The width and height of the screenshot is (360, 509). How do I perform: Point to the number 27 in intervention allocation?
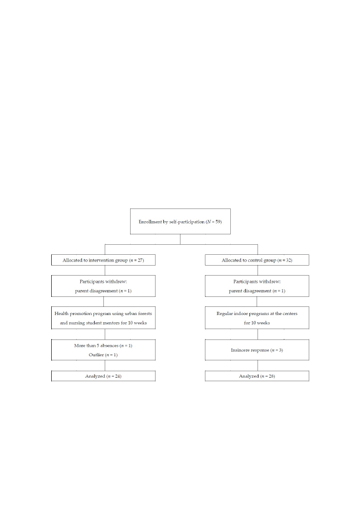[x=140, y=260]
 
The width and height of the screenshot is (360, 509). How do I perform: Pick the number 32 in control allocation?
[x=288, y=260]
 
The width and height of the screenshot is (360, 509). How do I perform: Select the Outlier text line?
[x=103, y=355]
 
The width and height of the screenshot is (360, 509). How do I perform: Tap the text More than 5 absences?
[x=96, y=345]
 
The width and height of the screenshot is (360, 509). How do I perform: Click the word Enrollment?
[x=150, y=222]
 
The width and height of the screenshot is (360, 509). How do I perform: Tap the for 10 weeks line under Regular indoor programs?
[x=257, y=323]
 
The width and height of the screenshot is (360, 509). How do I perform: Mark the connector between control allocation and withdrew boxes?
[x=258, y=271]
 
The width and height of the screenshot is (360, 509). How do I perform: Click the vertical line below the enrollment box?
[x=180, y=239]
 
